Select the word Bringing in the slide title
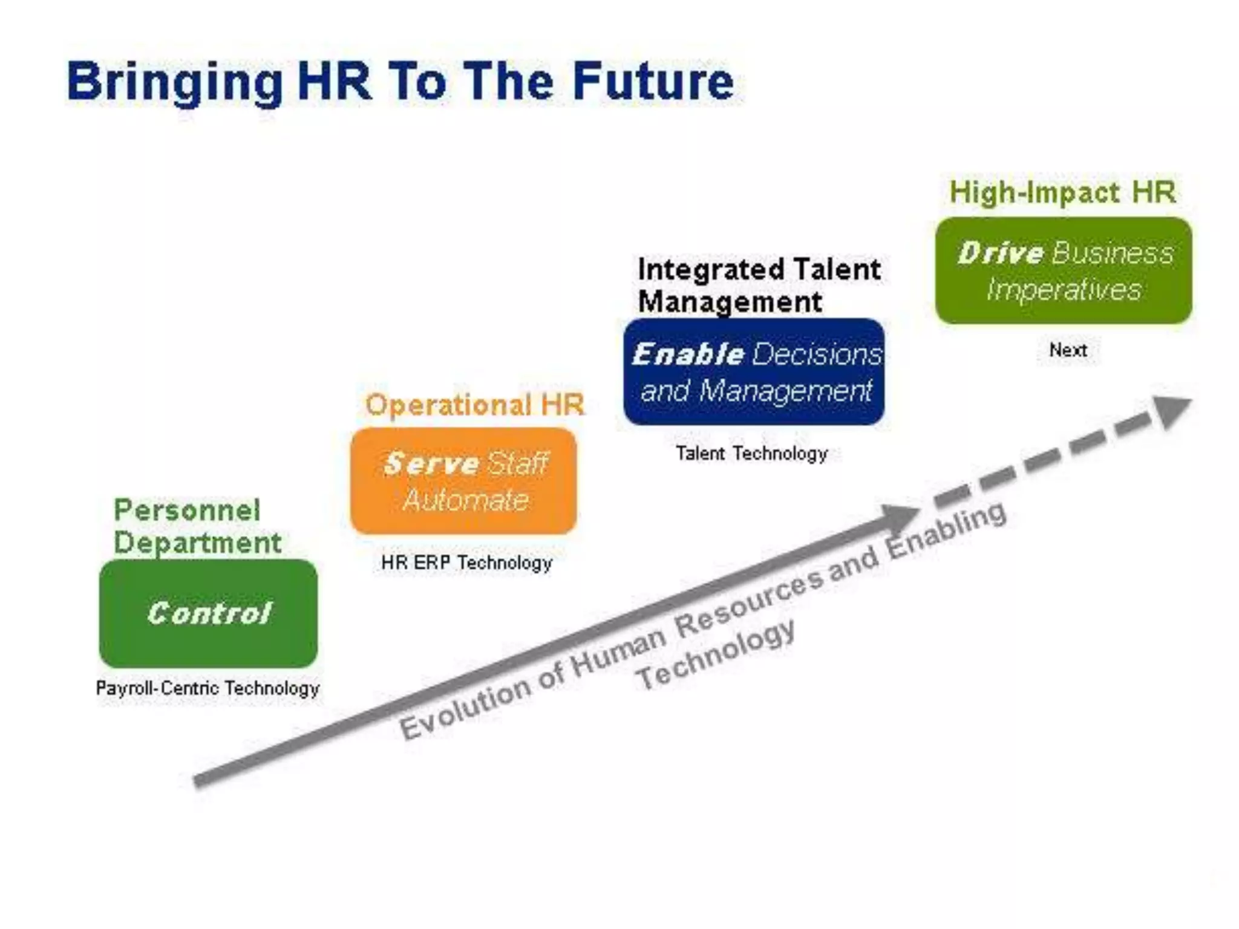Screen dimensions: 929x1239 point(175,83)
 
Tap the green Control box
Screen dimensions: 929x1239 point(208,613)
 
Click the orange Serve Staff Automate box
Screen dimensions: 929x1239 point(463,481)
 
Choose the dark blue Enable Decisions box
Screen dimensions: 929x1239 point(754,371)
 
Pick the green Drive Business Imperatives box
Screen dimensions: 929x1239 point(1064,271)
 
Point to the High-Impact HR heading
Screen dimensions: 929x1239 point(1062,192)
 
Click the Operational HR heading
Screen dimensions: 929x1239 point(475,405)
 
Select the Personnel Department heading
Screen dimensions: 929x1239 point(197,526)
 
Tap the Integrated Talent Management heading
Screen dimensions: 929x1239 point(759,285)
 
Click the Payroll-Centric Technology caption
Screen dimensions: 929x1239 point(208,688)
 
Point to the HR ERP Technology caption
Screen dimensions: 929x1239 point(466,563)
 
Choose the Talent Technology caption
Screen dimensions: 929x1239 point(751,454)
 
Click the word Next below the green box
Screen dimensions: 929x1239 point(1068,350)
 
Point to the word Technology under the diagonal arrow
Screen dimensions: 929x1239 point(715,654)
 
